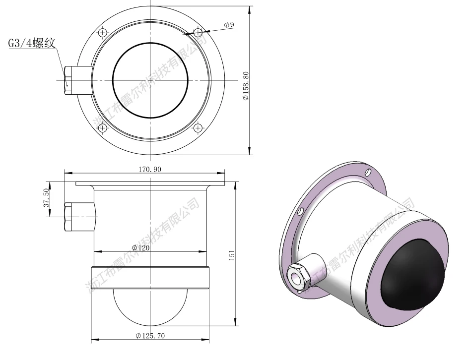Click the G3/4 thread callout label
click(x=31, y=43)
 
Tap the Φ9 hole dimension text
click(x=229, y=25)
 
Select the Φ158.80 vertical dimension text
click(x=246, y=86)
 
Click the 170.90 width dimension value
click(x=150, y=169)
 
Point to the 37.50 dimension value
click(x=46, y=197)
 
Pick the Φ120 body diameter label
click(x=140, y=248)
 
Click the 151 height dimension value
click(x=232, y=255)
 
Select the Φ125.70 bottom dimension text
click(x=150, y=336)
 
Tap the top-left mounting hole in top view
click(x=102, y=32)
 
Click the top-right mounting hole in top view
click(x=198, y=32)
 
